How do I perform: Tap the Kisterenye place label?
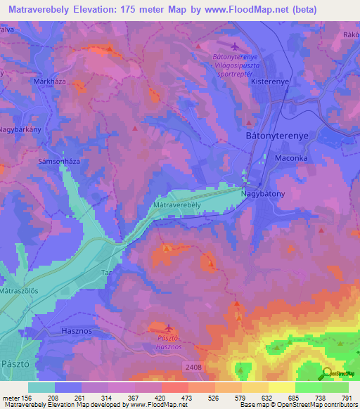pyautogui.click(x=271, y=82)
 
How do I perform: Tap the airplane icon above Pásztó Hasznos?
pyautogui.click(x=167, y=327)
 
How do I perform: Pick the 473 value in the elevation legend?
pyautogui.click(x=185, y=397)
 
